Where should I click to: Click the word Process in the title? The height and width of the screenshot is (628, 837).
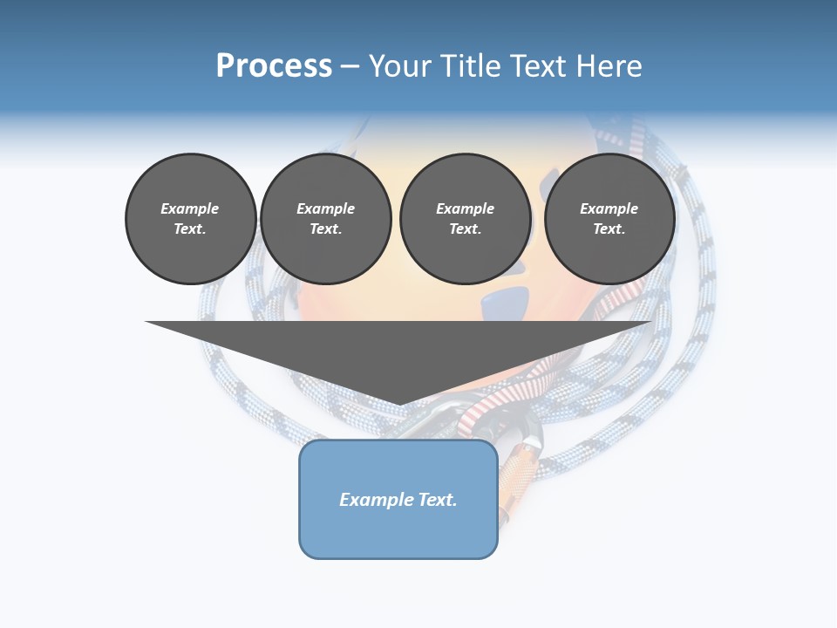(x=274, y=66)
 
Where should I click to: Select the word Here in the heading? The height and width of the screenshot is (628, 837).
(x=610, y=66)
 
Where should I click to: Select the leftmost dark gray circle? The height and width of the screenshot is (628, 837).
(x=190, y=218)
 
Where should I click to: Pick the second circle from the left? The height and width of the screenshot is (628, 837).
(x=325, y=218)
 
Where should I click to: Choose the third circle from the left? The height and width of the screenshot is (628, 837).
(x=465, y=218)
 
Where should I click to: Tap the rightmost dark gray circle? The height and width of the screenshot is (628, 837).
(x=609, y=218)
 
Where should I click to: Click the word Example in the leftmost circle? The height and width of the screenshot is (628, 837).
(x=190, y=208)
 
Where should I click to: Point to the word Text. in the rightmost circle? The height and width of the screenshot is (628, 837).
(x=609, y=229)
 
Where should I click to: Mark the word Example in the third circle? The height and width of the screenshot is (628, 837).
(x=465, y=208)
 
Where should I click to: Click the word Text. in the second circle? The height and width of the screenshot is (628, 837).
(x=325, y=229)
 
